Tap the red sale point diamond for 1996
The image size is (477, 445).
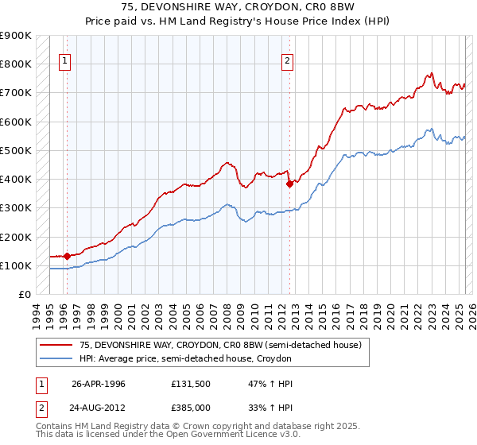pos(67,256)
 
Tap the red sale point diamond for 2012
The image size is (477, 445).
pos(289,183)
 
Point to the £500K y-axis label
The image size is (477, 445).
pos(16,150)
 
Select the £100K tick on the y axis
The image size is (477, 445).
pos(16,265)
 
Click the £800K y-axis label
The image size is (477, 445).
pos(16,64)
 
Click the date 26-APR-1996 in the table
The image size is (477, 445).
pos(99,384)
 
